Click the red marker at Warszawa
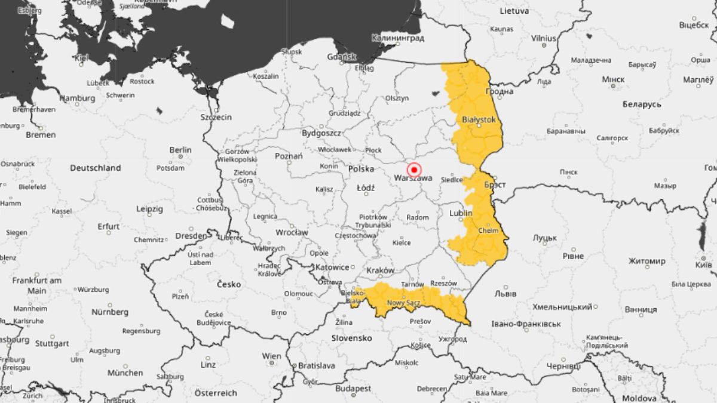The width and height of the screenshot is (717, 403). [x=413, y=170]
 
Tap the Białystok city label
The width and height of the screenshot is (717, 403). [x=479, y=120]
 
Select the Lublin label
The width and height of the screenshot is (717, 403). [x=461, y=213]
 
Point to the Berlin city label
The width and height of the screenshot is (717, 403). [x=180, y=150]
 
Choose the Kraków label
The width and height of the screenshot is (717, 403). [x=381, y=270]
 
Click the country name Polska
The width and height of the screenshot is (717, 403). [x=361, y=170]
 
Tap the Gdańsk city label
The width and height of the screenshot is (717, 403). [x=342, y=57]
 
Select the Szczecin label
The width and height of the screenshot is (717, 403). [x=216, y=117]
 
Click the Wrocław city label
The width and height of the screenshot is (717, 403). [x=291, y=232]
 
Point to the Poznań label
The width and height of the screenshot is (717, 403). [x=289, y=156]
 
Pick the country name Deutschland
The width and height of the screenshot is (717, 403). [x=96, y=168]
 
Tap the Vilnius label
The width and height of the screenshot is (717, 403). [x=543, y=38]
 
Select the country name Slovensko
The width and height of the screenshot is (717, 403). [x=352, y=339]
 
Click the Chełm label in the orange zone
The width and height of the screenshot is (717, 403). [x=488, y=230]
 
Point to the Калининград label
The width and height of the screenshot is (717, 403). [x=397, y=38]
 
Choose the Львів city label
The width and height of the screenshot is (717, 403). [x=505, y=294]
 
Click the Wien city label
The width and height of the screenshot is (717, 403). [x=271, y=356]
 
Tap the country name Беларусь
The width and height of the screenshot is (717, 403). [x=642, y=104]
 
